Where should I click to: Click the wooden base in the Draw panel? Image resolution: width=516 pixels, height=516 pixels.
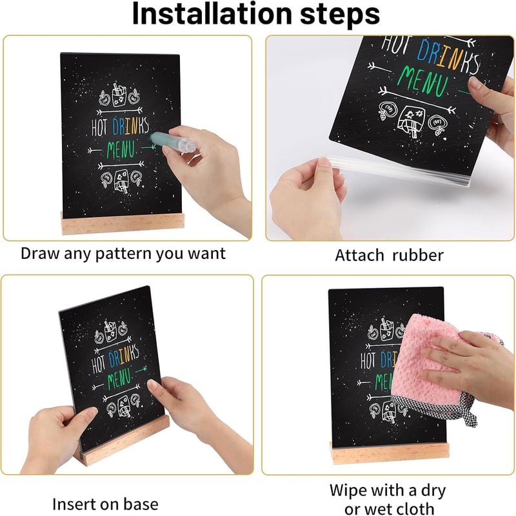(x=123, y=224)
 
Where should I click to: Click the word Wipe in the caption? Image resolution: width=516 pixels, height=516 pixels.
(x=350, y=490)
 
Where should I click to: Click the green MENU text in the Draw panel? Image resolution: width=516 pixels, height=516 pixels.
(x=121, y=149)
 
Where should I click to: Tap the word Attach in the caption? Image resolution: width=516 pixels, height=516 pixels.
(x=359, y=255)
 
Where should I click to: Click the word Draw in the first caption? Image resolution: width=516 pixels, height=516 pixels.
(x=41, y=254)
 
